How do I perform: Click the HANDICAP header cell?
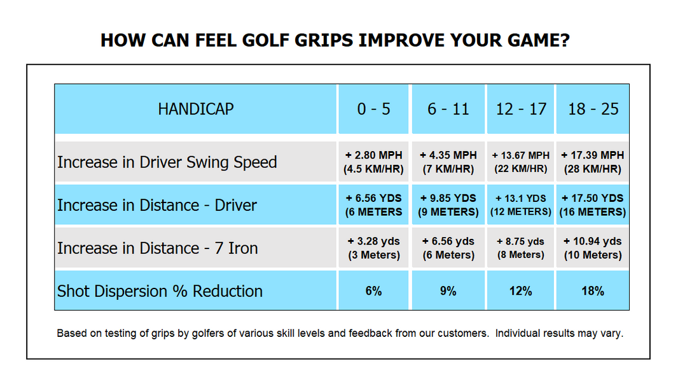coord(195,109)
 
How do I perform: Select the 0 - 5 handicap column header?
coord(374,109)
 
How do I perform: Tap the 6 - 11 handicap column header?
coord(448,109)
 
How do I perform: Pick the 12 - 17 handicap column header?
coord(520,109)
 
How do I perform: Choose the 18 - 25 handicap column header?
coord(593,109)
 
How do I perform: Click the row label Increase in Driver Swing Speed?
coord(167,162)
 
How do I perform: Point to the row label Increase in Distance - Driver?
coord(157,205)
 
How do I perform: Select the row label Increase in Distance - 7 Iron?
coord(158,248)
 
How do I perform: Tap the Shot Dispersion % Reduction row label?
coord(160,291)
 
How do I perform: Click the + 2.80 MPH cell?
coord(374,162)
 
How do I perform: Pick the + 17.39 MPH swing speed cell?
coord(593,162)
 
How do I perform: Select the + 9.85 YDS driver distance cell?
coord(448,204)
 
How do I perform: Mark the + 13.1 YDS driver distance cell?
coord(520,204)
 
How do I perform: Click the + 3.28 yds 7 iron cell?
coord(374,248)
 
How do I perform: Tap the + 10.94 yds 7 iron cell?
coord(593,248)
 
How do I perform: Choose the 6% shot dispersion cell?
coord(374,291)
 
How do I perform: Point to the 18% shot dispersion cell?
coord(593,291)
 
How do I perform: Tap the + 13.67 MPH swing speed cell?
coord(520,162)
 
